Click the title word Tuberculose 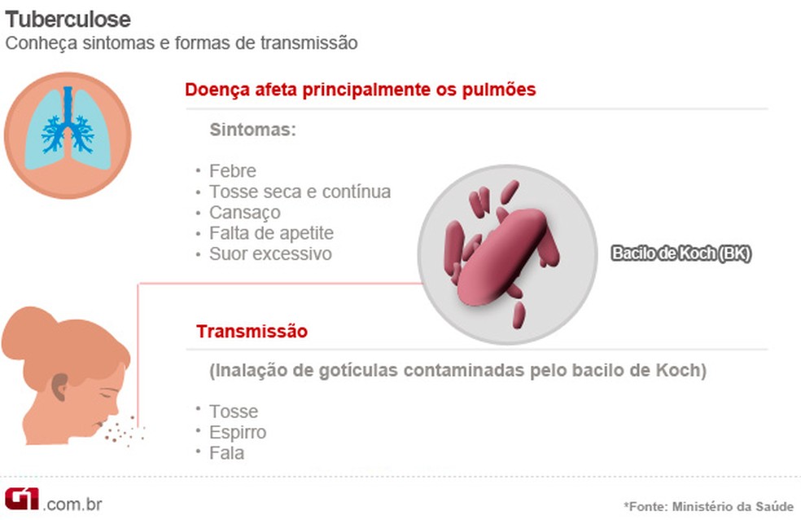[68, 18]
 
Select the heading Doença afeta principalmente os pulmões [361, 90]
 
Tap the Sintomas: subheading [252, 130]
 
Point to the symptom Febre [232, 171]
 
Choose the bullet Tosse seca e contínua [300, 192]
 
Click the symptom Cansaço [244, 213]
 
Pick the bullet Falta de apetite [271, 233]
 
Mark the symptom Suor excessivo [270, 254]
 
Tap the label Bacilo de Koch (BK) [681, 253]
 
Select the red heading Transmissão [252, 332]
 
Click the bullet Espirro [237, 432]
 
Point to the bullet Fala [226, 453]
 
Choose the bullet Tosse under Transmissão [234, 411]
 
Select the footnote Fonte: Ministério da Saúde [708, 506]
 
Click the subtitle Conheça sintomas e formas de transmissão [182, 42]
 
